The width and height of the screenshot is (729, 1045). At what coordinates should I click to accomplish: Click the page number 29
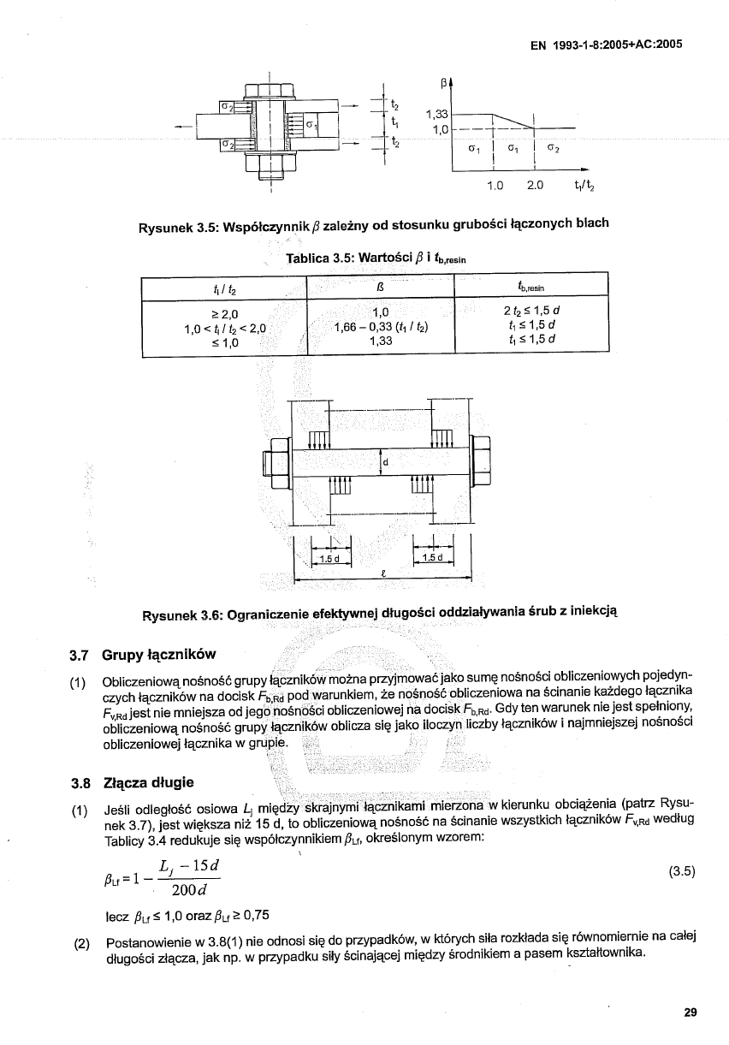[690, 1012]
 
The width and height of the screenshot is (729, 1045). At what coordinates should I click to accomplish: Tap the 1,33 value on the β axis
[437, 114]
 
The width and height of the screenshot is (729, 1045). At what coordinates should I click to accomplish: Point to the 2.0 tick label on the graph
[536, 185]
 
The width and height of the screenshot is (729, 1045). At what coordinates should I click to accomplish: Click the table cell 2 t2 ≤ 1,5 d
[531, 310]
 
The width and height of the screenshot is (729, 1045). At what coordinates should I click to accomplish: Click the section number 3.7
[80, 656]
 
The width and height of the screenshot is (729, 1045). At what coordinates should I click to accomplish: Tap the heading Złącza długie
[147, 782]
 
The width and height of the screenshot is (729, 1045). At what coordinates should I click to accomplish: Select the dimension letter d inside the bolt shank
[386, 463]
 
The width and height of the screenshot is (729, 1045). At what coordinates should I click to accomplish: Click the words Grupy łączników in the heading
[158, 656]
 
